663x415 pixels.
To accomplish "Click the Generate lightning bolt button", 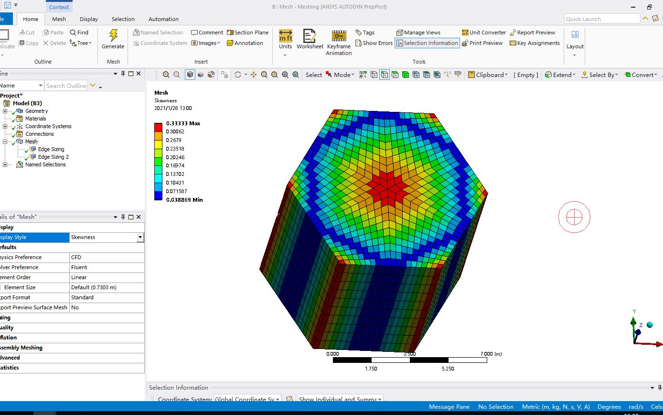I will (x=113, y=39).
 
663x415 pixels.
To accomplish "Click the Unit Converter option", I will (x=483, y=33).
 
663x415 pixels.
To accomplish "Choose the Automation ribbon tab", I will (x=163, y=19).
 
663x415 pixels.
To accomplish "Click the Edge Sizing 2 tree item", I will (x=53, y=157).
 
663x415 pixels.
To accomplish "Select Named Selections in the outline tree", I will (x=45, y=164).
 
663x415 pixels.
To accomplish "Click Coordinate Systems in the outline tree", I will (x=48, y=126).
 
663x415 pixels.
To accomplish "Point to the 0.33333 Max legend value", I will (x=183, y=123).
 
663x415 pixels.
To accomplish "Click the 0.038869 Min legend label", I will (x=184, y=200).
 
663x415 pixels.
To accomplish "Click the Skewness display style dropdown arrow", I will (x=140, y=237).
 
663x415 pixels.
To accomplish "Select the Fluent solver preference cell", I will (x=106, y=267).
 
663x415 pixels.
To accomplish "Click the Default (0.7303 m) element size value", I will (x=106, y=287).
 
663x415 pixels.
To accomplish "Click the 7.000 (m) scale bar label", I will (x=491, y=354).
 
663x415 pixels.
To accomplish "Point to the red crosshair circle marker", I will (x=574, y=217).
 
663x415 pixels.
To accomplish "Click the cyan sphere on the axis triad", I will (x=650, y=325).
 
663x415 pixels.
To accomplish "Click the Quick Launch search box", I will (x=601, y=19).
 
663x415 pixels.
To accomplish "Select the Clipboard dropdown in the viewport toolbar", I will (x=488, y=75).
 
